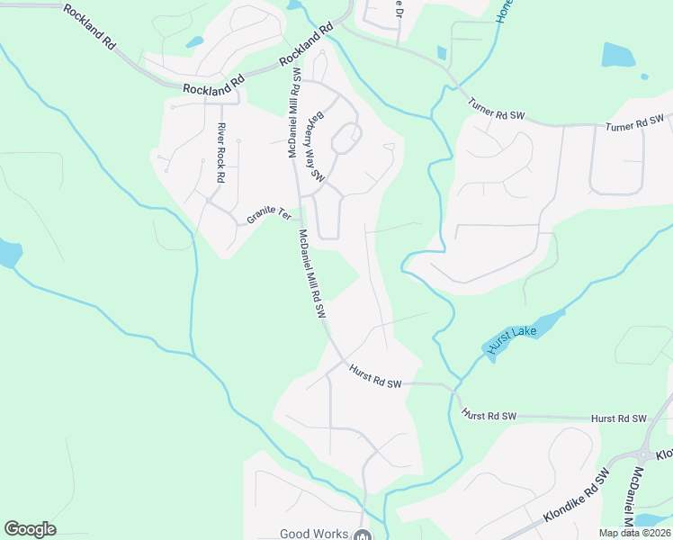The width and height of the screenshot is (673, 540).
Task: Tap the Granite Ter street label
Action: [269, 216]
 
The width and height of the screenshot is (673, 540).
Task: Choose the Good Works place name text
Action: [314, 534]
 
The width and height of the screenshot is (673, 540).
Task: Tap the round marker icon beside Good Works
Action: [362, 535]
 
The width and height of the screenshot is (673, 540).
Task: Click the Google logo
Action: [30, 529]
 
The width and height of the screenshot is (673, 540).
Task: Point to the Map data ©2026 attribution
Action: [635, 533]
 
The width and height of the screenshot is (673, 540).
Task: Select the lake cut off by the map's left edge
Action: [8, 253]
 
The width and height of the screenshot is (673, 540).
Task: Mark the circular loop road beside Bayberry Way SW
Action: [346, 139]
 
